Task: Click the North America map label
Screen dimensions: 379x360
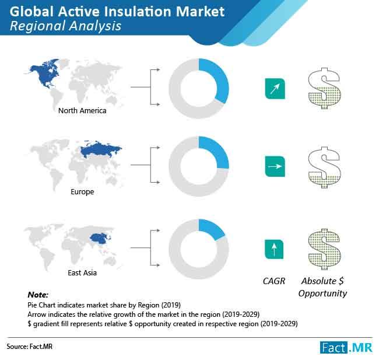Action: [x=82, y=110]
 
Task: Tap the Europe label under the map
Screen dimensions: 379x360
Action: [x=82, y=192]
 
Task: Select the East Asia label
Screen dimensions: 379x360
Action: [x=82, y=273]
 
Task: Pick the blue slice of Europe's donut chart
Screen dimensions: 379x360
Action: [x=216, y=150]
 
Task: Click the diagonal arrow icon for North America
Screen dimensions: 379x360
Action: [x=275, y=89]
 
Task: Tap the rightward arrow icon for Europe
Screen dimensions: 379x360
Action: [x=275, y=166]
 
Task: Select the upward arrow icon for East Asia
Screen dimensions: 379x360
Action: [x=274, y=250]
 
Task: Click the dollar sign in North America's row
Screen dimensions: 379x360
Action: [x=324, y=88]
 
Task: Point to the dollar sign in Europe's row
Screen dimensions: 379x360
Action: [x=324, y=167]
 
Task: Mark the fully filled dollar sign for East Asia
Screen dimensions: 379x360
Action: [x=324, y=249]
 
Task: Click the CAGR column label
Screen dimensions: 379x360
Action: [x=274, y=281]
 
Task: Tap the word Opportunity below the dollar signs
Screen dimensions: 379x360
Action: [x=322, y=293]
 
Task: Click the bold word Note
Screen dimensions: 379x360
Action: [x=38, y=295]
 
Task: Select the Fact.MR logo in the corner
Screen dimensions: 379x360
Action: [x=346, y=348]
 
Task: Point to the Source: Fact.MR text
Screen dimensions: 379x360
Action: [x=30, y=347]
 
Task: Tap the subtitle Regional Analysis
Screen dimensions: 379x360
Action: [x=65, y=26]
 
